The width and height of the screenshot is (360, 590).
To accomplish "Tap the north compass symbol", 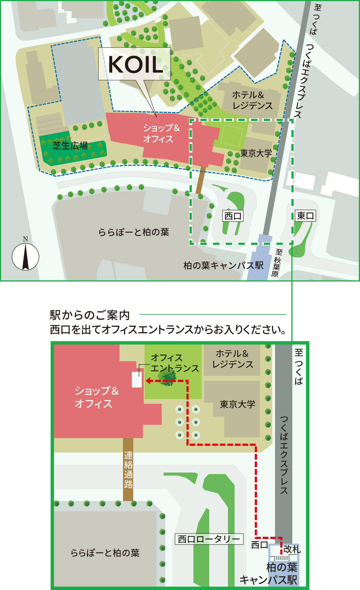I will click(x=25, y=256).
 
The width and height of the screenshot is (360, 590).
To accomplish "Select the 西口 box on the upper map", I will click(x=233, y=216).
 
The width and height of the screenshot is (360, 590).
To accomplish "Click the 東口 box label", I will click(x=305, y=216).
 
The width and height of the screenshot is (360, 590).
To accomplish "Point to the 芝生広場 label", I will click(x=70, y=146).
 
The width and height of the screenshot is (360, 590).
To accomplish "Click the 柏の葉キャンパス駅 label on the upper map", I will click(x=223, y=265).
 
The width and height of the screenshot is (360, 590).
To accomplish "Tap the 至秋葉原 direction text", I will click(x=277, y=263).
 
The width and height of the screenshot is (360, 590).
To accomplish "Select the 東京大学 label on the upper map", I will click(x=256, y=153).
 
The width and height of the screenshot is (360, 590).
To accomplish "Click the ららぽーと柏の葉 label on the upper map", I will click(x=134, y=232).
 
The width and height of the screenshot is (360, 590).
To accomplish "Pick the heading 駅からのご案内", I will click(x=90, y=315).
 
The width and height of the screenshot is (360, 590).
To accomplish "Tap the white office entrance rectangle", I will click(x=137, y=379).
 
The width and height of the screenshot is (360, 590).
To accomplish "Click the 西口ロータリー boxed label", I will click(x=209, y=539).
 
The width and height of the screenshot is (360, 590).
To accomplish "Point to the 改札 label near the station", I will click(x=292, y=549).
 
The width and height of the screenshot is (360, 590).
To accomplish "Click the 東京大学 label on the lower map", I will click(x=237, y=404).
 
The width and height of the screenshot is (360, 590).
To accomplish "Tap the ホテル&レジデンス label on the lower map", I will click(x=233, y=359).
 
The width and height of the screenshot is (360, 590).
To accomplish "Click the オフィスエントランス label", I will click(x=174, y=363).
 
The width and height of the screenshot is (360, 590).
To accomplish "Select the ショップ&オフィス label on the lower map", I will click(x=96, y=397).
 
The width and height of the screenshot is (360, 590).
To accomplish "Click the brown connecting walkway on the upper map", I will click(x=201, y=180).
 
